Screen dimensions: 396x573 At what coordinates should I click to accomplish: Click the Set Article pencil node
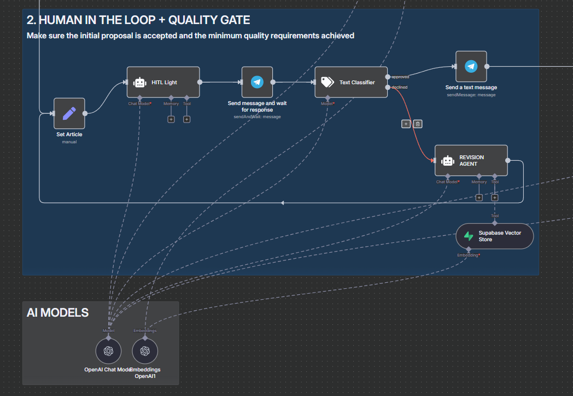(x=69, y=113)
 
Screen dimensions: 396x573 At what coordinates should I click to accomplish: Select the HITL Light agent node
(x=163, y=82)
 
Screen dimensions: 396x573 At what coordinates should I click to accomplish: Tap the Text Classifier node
(x=351, y=82)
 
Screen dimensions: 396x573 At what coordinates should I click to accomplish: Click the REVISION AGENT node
(x=471, y=160)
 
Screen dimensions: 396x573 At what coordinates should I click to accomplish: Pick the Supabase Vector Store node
(x=494, y=236)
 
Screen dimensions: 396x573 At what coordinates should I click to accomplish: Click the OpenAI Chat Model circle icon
(x=108, y=351)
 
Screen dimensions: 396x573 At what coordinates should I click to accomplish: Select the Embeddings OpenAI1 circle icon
(x=145, y=351)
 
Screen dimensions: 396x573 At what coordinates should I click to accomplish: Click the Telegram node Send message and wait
(x=257, y=82)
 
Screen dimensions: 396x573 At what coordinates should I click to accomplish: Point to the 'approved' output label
(x=400, y=77)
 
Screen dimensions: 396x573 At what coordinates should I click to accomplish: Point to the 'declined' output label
(x=400, y=87)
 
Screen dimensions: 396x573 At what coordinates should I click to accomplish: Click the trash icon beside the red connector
(x=418, y=124)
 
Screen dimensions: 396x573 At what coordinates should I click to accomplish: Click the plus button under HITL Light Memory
(x=171, y=119)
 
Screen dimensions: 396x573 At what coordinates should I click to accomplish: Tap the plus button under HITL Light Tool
(x=187, y=119)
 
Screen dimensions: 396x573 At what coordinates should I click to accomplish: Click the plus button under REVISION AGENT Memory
(x=479, y=197)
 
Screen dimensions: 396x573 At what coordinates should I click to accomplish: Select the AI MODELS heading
(x=57, y=312)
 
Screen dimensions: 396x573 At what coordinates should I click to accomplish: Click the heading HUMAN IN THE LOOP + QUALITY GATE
(x=138, y=20)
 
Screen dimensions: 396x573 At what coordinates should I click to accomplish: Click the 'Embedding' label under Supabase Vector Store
(x=468, y=255)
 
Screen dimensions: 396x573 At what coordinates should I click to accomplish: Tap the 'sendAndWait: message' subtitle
(x=257, y=117)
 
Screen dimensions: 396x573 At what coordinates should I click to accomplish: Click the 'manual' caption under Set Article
(x=69, y=142)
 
